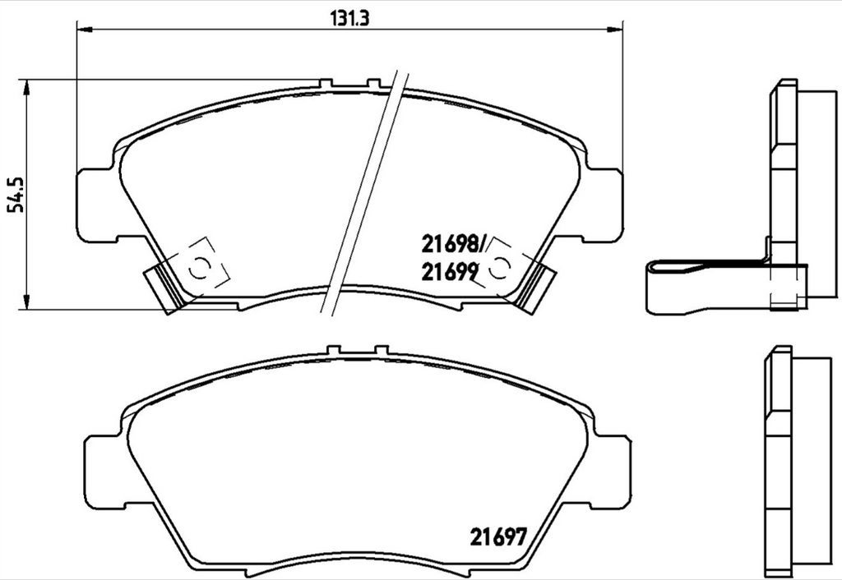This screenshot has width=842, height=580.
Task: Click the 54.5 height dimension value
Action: (17, 195)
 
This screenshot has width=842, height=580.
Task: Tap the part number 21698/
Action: (454, 245)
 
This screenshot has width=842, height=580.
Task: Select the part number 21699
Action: (450, 272)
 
